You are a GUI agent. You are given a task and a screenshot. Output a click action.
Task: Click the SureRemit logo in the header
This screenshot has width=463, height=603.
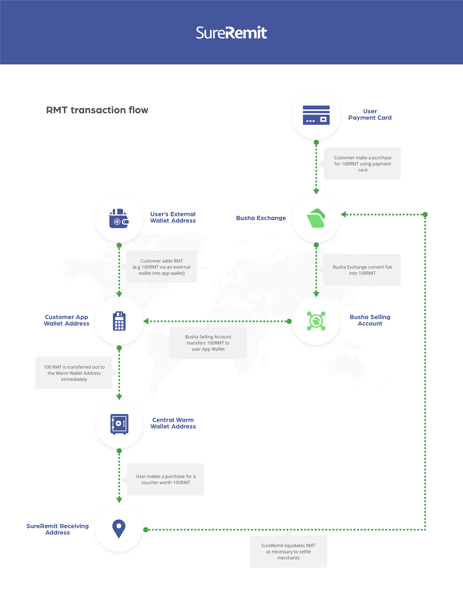tap(231, 32)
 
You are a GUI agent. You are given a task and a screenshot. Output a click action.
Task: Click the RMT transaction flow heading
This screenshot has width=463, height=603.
tap(97, 110)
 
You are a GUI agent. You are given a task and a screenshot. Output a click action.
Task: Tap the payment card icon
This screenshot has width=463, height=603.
tap(316, 115)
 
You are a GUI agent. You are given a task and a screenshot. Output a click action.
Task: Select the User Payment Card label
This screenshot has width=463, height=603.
tap(370, 115)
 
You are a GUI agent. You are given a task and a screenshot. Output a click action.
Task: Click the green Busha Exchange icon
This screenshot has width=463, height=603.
tap(316, 218)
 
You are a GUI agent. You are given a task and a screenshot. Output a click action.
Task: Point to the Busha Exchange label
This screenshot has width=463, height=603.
tap(261, 218)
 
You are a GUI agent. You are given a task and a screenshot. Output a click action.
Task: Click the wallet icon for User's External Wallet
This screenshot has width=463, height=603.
tap(119, 218)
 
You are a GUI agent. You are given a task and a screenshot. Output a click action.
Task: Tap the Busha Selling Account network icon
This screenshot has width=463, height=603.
tap(316, 321)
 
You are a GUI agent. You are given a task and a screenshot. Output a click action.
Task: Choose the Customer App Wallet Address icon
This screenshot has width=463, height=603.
tap(119, 321)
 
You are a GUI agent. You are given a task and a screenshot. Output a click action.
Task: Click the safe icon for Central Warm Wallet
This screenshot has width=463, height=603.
tap(119, 424)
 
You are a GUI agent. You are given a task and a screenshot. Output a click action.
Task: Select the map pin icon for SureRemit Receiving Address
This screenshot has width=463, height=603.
tap(119, 529)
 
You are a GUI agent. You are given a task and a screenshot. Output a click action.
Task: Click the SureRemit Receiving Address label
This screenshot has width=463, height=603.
tap(57, 529)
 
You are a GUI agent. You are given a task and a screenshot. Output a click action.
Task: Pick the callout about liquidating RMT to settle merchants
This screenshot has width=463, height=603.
tap(288, 551)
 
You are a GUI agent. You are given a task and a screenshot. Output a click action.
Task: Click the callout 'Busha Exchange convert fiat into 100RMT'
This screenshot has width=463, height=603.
tap(362, 270)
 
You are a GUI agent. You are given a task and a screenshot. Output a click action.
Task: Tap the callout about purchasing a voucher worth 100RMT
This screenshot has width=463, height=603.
tap(165, 479)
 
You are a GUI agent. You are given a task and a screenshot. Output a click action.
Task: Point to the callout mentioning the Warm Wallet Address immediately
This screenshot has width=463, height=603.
tap(74, 373)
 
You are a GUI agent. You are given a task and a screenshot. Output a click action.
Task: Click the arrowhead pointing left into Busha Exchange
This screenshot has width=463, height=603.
tap(343, 214)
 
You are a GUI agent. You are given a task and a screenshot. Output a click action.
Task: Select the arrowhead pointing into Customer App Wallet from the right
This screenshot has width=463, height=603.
tap(146, 321)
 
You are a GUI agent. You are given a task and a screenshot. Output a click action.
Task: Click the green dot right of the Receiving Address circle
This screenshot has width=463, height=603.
tap(146, 530)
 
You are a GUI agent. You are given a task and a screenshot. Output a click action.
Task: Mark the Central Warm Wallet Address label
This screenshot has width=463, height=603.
tap(173, 423)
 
